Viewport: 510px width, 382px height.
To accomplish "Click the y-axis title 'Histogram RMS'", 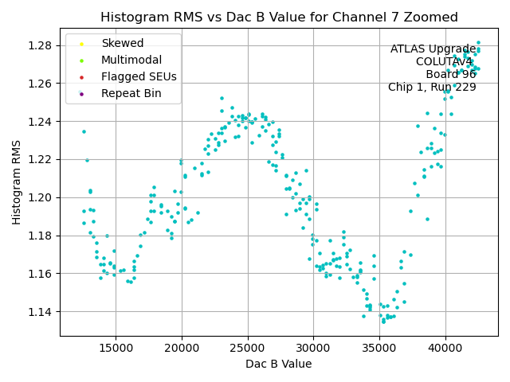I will click(x=17, y=182).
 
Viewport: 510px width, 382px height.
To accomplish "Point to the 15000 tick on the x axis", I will click(x=116, y=348).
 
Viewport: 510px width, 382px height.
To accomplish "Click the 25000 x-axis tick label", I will click(x=247, y=348).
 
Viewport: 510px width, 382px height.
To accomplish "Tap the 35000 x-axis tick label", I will click(x=379, y=348).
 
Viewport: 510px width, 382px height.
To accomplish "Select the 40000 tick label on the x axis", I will click(x=445, y=348).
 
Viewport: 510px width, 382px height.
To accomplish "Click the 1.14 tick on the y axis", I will click(x=41, y=311).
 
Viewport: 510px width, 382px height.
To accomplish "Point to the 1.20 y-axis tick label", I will click(x=41, y=197).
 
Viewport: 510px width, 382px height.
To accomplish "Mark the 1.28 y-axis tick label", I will click(x=41, y=45).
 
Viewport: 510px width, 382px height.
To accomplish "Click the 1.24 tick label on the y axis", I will click(x=41, y=122).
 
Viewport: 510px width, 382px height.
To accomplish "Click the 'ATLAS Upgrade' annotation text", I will click(x=433, y=49).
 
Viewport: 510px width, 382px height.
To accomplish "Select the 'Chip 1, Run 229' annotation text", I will click(x=432, y=88).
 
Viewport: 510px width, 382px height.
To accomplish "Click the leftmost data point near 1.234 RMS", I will click(x=84, y=131).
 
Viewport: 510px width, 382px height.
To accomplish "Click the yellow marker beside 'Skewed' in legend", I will click(x=80, y=43).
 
